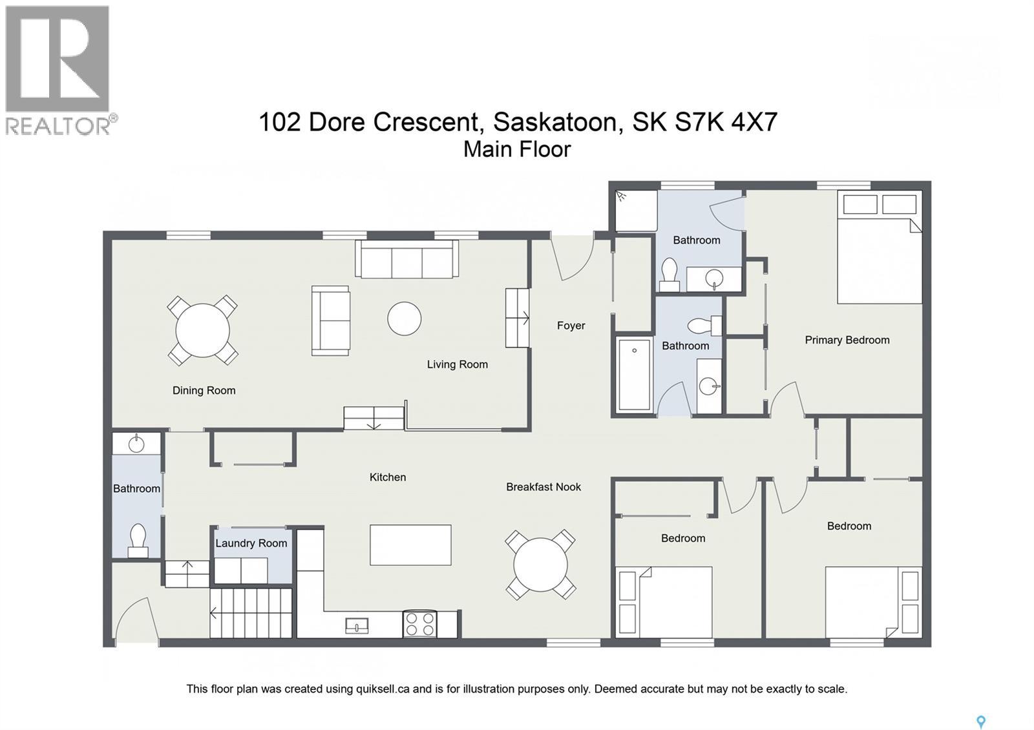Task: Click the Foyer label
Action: coord(571,326)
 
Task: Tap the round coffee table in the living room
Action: coord(405,318)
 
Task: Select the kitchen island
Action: coord(410,545)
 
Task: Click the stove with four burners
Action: coord(419,624)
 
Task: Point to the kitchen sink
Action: coord(357,625)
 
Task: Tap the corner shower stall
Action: coord(636,211)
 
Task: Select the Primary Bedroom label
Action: coord(847,340)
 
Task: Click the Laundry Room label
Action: coord(251,543)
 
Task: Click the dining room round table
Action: coord(202,330)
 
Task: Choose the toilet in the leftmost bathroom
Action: coord(138,540)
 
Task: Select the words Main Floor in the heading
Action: coord(517,149)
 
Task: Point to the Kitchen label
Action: coord(388,477)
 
